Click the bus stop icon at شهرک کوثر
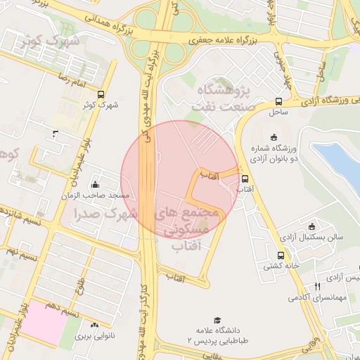point(101,94)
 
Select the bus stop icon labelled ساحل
point(279,101)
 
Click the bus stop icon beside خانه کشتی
point(281,256)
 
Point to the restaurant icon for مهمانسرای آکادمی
point(318,287)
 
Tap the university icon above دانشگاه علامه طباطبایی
point(217,321)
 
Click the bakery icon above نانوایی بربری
point(95,325)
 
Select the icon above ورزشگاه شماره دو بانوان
point(274,138)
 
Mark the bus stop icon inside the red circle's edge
point(245,179)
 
